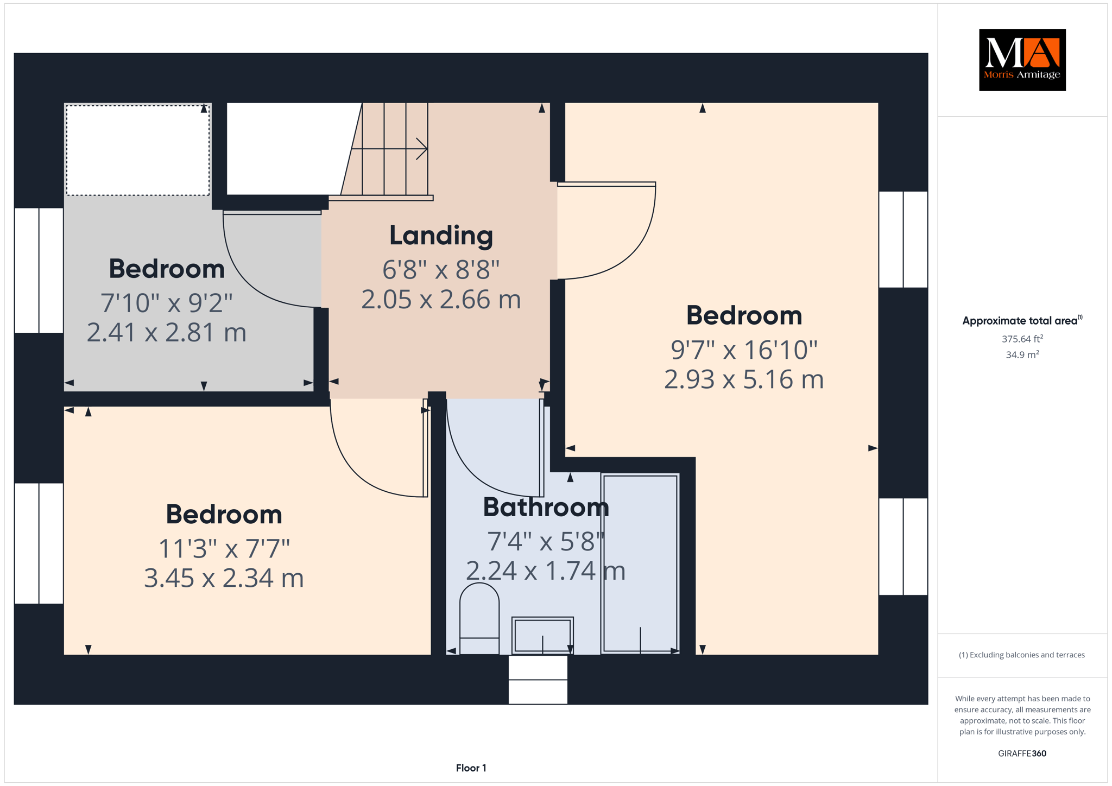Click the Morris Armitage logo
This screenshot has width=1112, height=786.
(x=1022, y=60)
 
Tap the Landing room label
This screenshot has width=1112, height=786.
(x=441, y=236)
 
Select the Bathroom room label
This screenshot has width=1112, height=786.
(x=546, y=508)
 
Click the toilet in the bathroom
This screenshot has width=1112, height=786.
(x=479, y=618)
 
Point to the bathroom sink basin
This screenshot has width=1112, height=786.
(x=542, y=635)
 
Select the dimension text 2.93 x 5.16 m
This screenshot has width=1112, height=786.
(x=744, y=379)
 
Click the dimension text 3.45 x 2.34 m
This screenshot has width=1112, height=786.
(x=224, y=578)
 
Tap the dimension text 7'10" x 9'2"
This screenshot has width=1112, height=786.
(x=167, y=303)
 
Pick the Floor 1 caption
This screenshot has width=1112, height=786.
(x=471, y=768)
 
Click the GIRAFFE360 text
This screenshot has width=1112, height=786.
(x=1022, y=753)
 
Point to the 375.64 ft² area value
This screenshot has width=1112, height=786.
(x=1022, y=339)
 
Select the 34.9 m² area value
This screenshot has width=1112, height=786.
(x=1022, y=354)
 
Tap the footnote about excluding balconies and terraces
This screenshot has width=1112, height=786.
(x=1022, y=655)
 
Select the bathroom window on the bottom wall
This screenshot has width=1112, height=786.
(x=538, y=680)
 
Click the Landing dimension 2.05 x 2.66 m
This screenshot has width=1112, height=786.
(x=441, y=300)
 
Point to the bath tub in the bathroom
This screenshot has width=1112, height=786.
(x=640, y=564)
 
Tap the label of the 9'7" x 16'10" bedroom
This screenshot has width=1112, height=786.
(x=744, y=316)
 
